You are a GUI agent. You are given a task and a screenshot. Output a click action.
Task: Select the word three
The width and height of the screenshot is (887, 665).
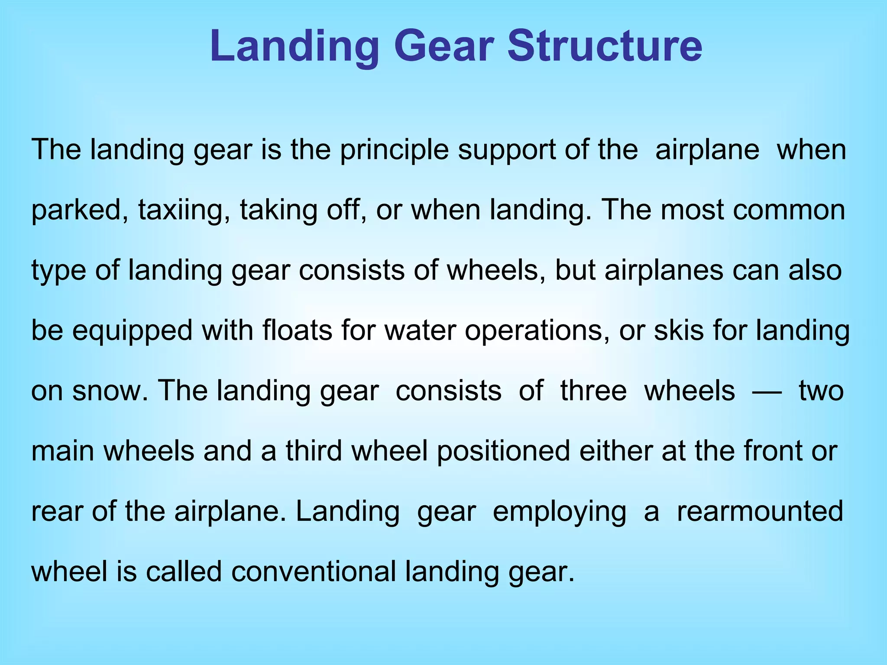[x=593, y=391]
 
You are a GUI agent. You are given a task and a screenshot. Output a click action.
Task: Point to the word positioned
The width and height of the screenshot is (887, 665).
[x=503, y=451]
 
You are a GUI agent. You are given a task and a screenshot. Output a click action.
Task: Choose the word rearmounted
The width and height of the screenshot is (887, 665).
[x=760, y=511]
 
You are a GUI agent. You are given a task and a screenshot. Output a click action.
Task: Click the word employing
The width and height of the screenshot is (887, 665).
[x=560, y=511]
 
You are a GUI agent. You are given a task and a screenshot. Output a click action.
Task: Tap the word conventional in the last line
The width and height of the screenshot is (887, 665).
[x=314, y=571]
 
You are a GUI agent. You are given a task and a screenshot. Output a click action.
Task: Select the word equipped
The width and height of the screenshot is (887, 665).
[x=132, y=330]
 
